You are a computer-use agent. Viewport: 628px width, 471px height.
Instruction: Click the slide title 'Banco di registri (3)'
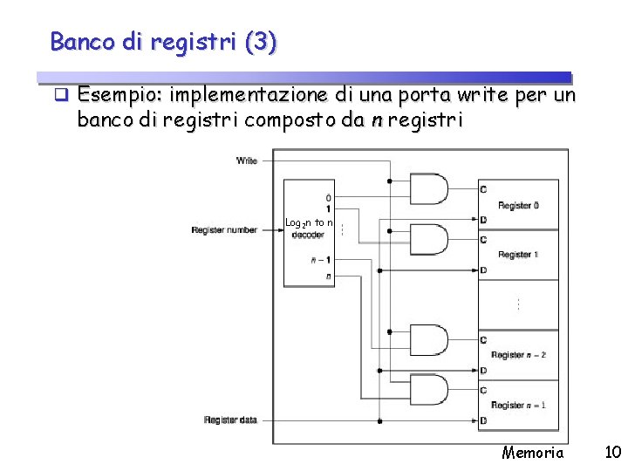[164, 41]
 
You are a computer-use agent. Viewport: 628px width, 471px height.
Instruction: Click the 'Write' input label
[247, 160]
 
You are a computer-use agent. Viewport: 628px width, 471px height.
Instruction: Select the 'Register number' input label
[224, 230]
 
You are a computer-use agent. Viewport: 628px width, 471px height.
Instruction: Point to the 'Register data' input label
[230, 420]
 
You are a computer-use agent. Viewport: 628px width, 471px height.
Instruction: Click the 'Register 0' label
[518, 206]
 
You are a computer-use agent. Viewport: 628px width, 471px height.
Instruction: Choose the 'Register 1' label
[518, 255]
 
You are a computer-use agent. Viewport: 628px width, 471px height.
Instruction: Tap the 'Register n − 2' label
[519, 355]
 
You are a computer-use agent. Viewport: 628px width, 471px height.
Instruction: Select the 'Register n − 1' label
[519, 405]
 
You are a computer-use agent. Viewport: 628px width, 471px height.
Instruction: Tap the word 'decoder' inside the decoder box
[308, 235]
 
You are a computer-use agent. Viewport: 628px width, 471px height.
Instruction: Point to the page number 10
[612, 453]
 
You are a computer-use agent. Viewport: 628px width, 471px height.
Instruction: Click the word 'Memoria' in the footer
[533, 453]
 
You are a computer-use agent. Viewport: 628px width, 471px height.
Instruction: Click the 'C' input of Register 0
[483, 189]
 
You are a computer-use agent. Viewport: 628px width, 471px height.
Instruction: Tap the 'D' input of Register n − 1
[483, 421]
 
